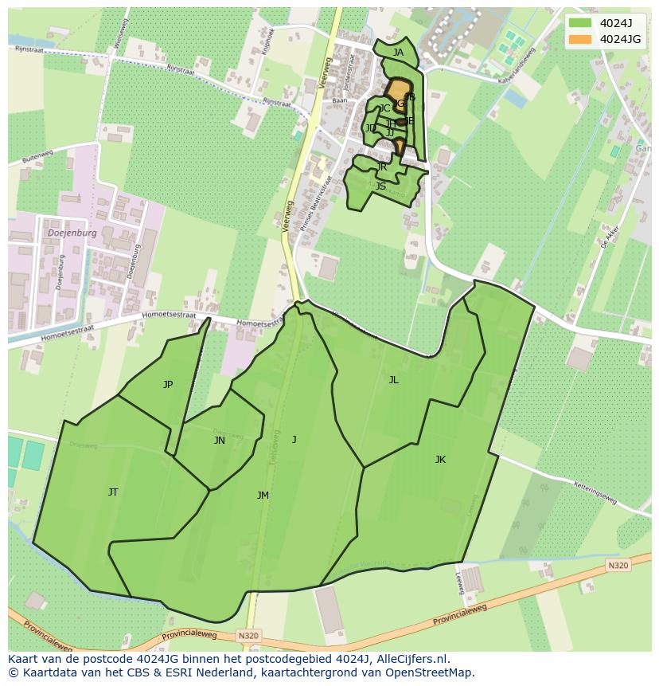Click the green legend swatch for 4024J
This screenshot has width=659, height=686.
(x=580, y=23)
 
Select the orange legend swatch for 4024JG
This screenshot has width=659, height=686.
(x=580, y=39)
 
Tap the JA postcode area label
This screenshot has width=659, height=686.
(x=398, y=53)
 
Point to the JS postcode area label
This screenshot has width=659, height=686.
(x=380, y=186)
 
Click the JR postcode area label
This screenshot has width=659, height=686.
(x=382, y=167)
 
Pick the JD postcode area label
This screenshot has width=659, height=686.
(x=371, y=128)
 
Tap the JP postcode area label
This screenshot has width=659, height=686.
(x=168, y=385)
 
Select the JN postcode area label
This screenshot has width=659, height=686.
(x=220, y=441)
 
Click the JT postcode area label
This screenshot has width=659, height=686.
(x=113, y=492)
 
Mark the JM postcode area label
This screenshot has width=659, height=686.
(x=263, y=496)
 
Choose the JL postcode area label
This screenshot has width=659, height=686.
(x=393, y=380)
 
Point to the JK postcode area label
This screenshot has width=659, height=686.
(x=440, y=460)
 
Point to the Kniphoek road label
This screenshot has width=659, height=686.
(x=268, y=42)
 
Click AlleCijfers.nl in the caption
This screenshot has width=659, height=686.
(x=415, y=660)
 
